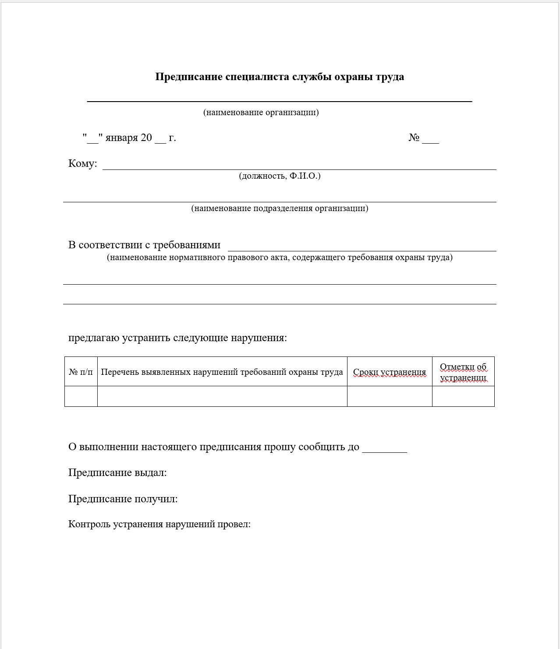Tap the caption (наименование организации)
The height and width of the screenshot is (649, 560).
point(261,113)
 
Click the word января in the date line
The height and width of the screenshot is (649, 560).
point(121,138)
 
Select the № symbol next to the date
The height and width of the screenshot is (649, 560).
point(414,138)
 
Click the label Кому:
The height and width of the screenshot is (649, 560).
point(83,164)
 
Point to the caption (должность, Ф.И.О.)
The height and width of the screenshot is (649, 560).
point(280,176)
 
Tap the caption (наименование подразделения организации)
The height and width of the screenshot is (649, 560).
point(280,208)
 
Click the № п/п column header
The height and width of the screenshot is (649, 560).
point(81,372)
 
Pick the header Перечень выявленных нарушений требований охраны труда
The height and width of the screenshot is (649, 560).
point(222,372)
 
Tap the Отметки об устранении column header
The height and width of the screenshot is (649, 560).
point(463,372)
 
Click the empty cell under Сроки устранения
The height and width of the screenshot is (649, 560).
point(389,396)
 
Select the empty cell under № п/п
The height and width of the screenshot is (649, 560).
point(81,396)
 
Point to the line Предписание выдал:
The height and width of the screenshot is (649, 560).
point(117,473)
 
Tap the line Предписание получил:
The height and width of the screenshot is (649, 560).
point(123,499)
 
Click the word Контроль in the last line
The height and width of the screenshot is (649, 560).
point(89,524)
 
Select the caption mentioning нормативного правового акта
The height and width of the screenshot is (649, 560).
point(280,257)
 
